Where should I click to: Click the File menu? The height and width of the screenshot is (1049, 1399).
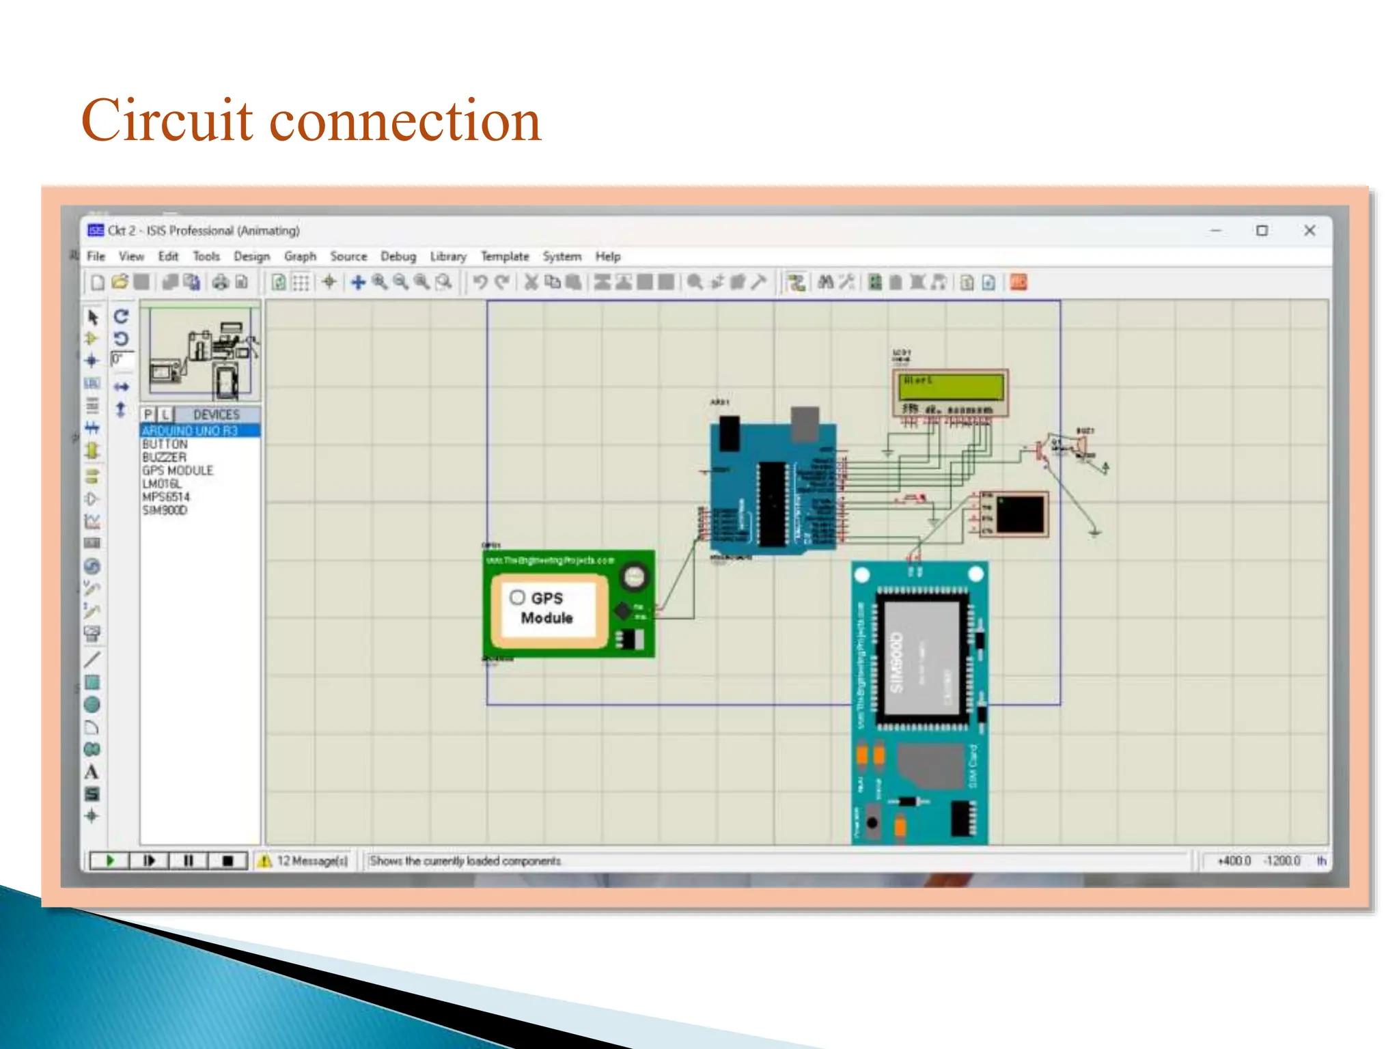[96, 257]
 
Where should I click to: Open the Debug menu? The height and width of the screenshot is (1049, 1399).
[398, 257]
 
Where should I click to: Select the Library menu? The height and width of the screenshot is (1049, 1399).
[448, 257]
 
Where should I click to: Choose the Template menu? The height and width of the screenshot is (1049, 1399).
[505, 257]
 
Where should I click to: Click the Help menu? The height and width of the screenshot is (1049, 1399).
[607, 257]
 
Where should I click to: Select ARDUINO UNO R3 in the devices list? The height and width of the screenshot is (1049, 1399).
[190, 431]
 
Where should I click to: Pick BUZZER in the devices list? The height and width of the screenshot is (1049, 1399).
[164, 458]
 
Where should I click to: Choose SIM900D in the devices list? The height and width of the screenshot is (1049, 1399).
[165, 510]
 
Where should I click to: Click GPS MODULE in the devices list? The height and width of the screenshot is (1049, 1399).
[178, 471]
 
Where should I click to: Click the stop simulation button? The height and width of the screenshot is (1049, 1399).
[228, 861]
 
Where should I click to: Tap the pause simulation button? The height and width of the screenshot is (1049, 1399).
[189, 861]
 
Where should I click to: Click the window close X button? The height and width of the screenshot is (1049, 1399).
[1309, 231]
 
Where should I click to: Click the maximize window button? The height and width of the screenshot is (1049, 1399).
[1262, 231]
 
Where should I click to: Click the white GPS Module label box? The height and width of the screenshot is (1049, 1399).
[547, 609]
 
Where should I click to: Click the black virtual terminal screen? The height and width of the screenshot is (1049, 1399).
[1020, 514]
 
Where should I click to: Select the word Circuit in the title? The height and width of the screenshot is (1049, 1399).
[167, 121]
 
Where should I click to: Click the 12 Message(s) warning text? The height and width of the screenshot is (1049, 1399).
[312, 861]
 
